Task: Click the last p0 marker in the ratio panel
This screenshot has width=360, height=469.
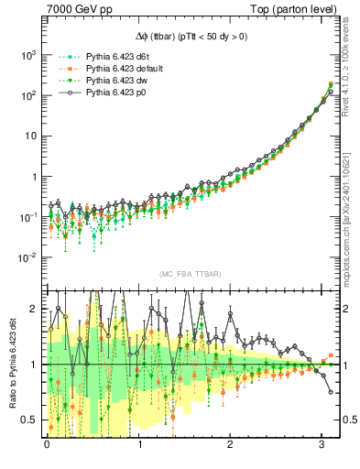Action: (x=331, y=392)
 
